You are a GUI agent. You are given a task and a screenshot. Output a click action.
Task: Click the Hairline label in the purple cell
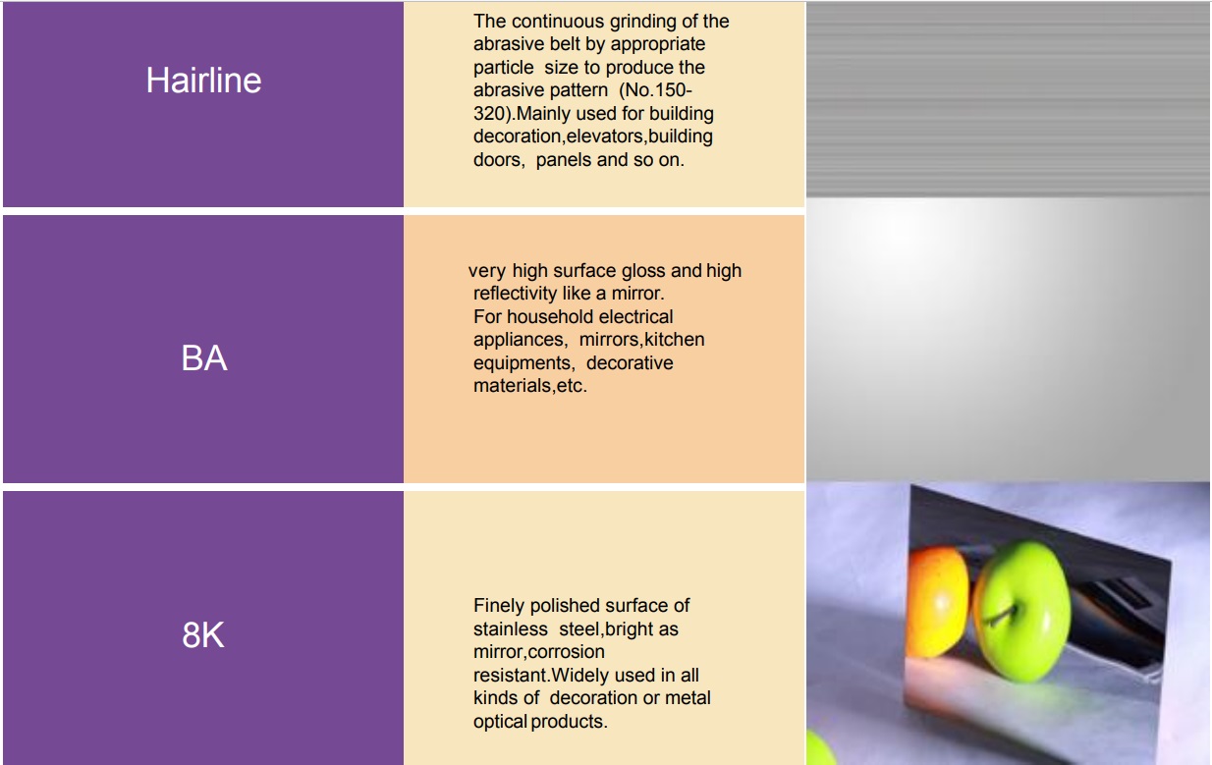coord(203,81)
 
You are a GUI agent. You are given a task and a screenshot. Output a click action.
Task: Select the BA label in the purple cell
coord(204,358)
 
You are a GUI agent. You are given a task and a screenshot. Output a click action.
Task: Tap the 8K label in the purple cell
coord(203,634)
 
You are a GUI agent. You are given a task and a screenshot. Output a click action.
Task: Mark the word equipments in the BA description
coord(523,363)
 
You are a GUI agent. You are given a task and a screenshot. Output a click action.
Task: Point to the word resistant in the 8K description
coord(512,676)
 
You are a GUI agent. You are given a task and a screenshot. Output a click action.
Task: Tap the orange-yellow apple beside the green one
coord(938,602)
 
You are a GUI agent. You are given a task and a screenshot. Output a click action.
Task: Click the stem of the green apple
coord(1002,616)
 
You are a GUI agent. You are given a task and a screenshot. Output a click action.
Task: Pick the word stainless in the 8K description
coord(510,629)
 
